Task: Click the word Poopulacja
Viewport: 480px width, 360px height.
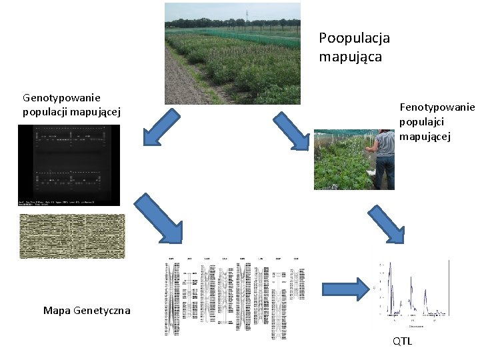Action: click(x=354, y=39)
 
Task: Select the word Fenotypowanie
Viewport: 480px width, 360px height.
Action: click(x=437, y=107)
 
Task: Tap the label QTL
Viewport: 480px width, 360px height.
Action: click(x=402, y=341)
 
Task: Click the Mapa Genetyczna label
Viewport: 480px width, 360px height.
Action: click(x=87, y=311)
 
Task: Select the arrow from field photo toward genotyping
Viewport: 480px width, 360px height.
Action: click(x=162, y=127)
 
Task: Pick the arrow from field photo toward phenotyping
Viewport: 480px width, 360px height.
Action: click(x=291, y=131)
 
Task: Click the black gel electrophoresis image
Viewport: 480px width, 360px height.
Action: click(x=69, y=165)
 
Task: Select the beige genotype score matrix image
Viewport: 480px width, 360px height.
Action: click(x=72, y=236)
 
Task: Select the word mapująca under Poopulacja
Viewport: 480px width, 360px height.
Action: click(x=350, y=57)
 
